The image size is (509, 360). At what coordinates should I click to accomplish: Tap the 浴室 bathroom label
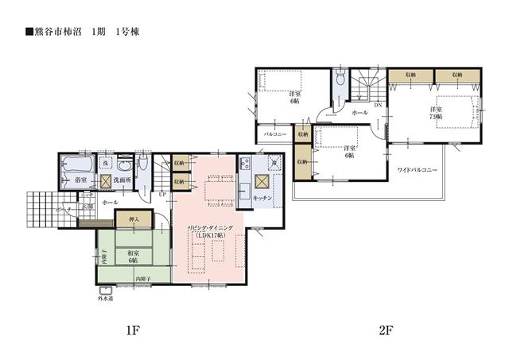(x=80, y=181)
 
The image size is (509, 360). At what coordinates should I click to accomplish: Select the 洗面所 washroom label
(x=122, y=181)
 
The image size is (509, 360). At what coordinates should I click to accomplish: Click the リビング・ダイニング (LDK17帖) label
(x=209, y=231)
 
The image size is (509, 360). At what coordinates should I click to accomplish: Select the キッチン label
(x=263, y=197)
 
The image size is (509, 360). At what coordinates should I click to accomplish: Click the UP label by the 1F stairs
(x=161, y=195)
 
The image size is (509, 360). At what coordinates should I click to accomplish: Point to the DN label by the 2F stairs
(x=379, y=104)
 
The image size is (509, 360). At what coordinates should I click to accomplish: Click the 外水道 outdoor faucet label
(x=106, y=300)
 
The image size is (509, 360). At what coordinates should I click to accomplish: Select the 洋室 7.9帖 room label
(x=436, y=113)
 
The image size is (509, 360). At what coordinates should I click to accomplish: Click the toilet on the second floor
(x=340, y=78)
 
